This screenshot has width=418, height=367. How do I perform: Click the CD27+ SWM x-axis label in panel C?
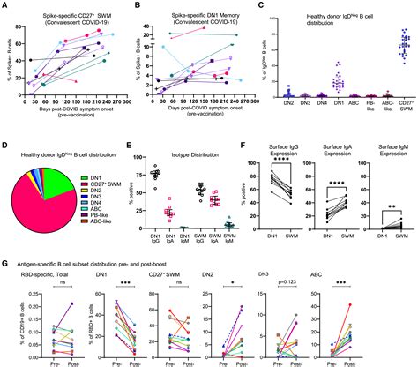406,119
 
